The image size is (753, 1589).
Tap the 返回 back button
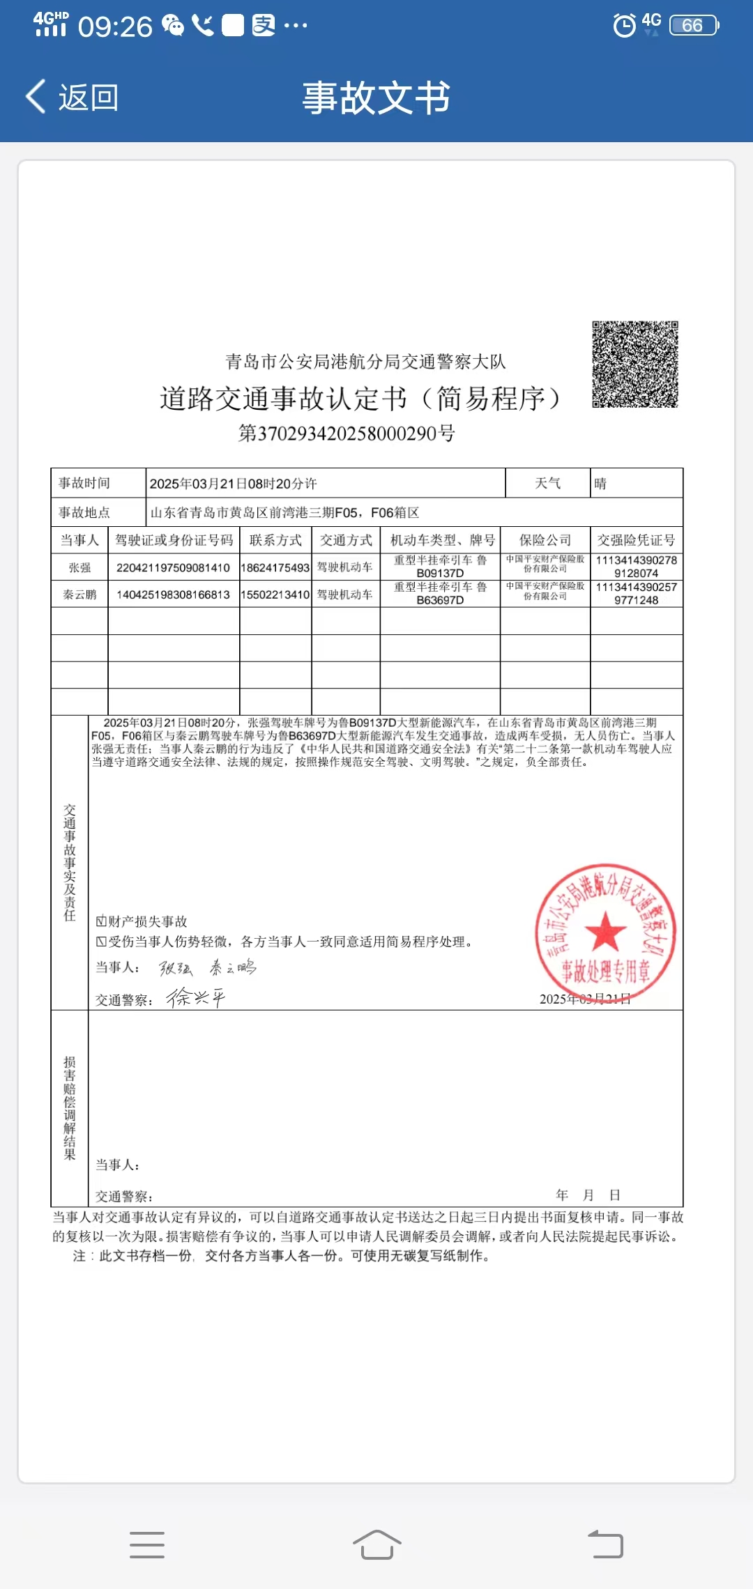coord(73,97)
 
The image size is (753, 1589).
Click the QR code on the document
coord(634,364)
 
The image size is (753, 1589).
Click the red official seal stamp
coord(604,932)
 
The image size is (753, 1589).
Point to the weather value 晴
coord(600,483)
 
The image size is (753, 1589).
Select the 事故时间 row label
coord(84,483)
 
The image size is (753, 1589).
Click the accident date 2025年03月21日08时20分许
coord(233,484)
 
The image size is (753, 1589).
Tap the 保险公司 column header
coord(545,540)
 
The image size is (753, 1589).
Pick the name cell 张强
coord(79,567)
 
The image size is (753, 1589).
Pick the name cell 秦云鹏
coord(79,594)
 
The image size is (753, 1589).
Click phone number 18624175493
coord(275,568)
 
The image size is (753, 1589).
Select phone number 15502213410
coord(275,594)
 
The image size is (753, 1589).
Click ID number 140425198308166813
coord(173,594)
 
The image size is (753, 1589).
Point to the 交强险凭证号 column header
coord(636,540)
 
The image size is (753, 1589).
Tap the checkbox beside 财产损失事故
coord(101,921)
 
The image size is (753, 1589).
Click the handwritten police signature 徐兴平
coord(195,997)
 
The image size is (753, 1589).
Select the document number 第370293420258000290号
coord(347,433)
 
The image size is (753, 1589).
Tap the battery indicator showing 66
coord(693,26)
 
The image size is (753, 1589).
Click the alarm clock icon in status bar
coord(624,26)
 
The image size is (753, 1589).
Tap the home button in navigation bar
coord(376,1544)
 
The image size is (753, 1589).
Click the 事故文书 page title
coord(376,97)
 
